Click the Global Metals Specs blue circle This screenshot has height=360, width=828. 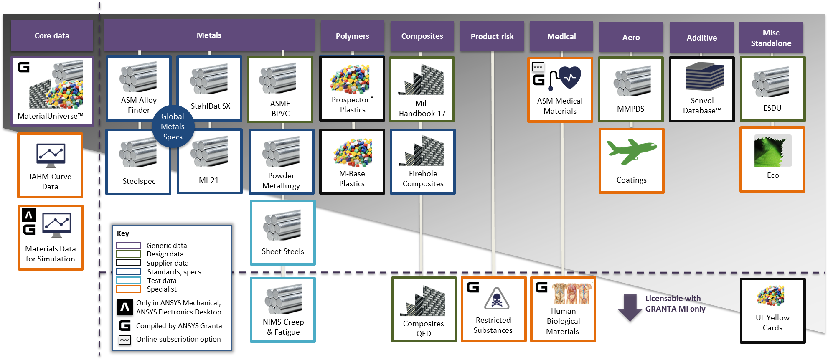click(x=173, y=127)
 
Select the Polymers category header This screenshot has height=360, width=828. click(x=352, y=36)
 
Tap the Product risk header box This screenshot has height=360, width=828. click(x=492, y=37)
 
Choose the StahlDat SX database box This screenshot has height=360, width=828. click(x=209, y=89)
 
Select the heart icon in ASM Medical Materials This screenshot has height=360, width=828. click(x=569, y=77)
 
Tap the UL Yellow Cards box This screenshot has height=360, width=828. click(x=772, y=311)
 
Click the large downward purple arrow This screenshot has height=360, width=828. click(x=630, y=309)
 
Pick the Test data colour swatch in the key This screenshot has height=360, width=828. click(x=128, y=281)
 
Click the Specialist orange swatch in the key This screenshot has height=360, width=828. click(x=128, y=289)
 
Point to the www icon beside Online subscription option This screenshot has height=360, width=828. click(x=124, y=340)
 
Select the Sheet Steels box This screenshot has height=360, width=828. click(x=282, y=232)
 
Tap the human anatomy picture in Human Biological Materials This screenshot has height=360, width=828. click(x=571, y=293)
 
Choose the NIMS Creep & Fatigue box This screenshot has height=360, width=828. click(x=282, y=310)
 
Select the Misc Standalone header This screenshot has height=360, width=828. click(x=771, y=38)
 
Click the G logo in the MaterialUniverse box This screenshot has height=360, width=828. click(x=24, y=67)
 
